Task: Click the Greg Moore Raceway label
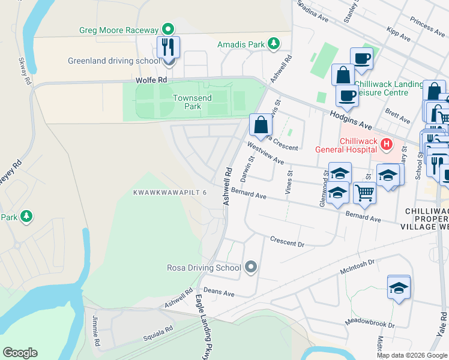(x=118, y=30)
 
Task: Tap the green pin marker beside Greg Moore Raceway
(x=169, y=29)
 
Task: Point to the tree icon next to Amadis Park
(x=274, y=43)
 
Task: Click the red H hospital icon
(x=387, y=145)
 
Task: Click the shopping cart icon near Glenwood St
(x=364, y=193)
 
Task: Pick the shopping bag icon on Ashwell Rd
(x=261, y=125)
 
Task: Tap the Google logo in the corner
(x=20, y=353)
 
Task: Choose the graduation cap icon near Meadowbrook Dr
(x=399, y=287)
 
